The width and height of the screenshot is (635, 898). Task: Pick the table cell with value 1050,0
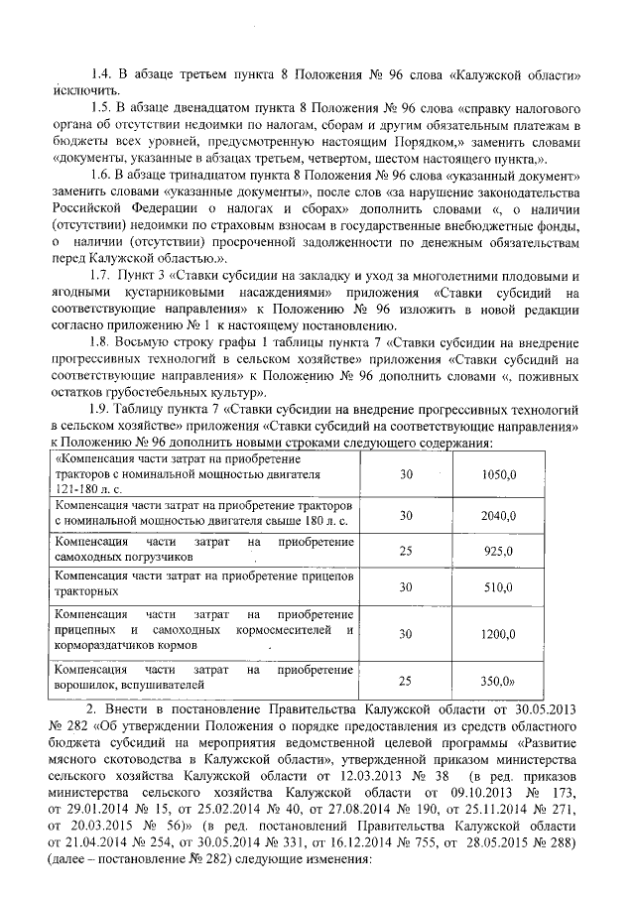pos(497,475)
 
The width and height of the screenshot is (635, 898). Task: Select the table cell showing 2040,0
pos(497,515)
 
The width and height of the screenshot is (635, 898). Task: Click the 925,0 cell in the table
pos(497,551)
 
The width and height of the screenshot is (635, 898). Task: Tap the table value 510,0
pos(497,586)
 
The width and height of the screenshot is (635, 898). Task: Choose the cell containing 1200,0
pos(497,632)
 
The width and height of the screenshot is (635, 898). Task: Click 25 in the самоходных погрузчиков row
pos(405,551)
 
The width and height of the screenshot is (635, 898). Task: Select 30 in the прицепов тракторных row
pos(405,586)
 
